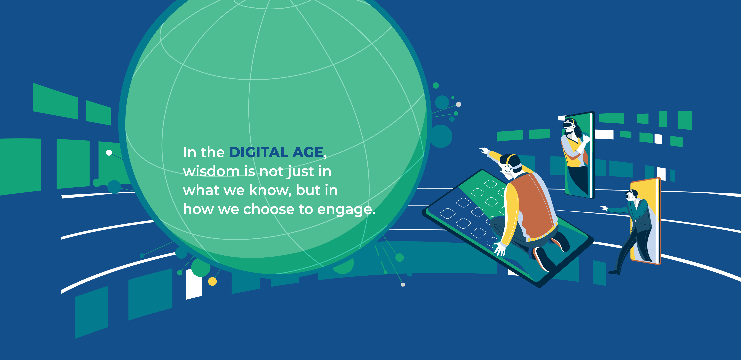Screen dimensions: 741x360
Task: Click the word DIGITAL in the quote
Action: point(258,152)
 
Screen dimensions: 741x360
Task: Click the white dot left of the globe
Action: point(109,153)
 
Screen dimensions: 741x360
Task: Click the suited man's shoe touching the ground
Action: point(614,272)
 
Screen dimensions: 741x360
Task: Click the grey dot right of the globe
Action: point(459,104)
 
